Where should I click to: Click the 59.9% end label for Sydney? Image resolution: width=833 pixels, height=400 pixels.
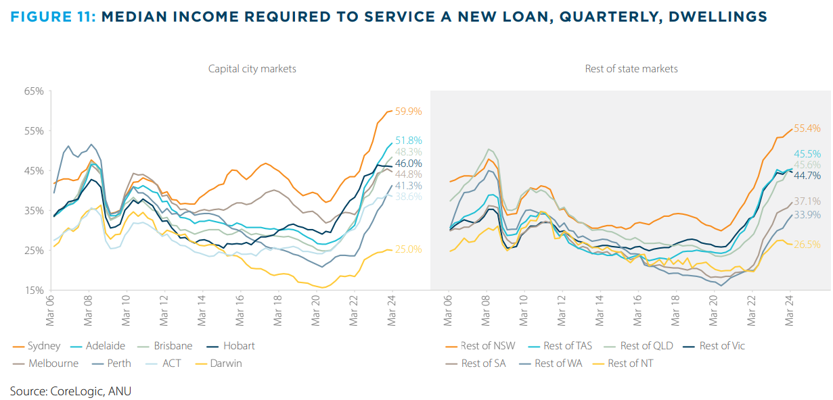tap(409, 111)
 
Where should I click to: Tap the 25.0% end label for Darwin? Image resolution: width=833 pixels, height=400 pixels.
tap(409, 249)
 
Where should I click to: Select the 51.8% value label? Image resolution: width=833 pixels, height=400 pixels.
tap(409, 141)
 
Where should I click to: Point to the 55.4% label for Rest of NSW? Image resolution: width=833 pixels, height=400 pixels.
tap(807, 128)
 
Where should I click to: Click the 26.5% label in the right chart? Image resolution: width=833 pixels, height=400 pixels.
tap(807, 245)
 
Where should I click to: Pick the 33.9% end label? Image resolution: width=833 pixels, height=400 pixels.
tap(807, 215)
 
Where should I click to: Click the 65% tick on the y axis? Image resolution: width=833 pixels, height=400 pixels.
tap(34, 91)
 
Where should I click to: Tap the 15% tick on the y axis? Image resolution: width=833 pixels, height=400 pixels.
tap(34, 291)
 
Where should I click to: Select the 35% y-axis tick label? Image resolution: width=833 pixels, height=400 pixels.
tap(34, 211)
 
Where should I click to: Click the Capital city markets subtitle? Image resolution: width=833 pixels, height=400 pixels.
tap(252, 69)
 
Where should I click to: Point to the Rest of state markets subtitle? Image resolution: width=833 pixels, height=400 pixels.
tap(631, 69)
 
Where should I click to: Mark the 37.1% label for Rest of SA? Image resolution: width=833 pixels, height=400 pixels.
tap(807, 201)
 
